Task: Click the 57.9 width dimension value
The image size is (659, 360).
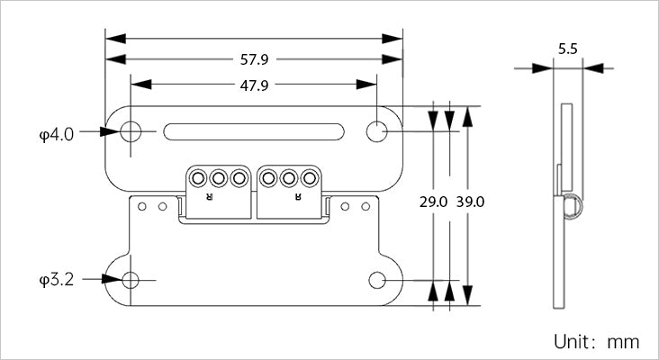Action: [x=254, y=60]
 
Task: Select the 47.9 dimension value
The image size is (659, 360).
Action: [x=254, y=85]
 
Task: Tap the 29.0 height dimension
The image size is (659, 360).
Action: [x=433, y=202]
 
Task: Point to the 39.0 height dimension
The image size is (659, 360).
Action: [x=470, y=202]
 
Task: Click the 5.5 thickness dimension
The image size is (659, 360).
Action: [x=567, y=50]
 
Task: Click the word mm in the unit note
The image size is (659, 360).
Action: [x=623, y=342]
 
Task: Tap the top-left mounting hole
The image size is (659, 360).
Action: [x=131, y=131]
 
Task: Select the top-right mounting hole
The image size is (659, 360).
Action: [x=376, y=131]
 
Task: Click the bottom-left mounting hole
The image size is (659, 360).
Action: [x=131, y=280]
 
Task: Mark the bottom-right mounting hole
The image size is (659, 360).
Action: [x=376, y=280]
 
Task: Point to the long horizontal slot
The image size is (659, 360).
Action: [x=254, y=131]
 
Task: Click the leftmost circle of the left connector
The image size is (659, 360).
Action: [x=198, y=177]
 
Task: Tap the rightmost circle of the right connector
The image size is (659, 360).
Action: [x=310, y=177]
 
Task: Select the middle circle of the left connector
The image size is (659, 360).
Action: [x=218, y=177]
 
